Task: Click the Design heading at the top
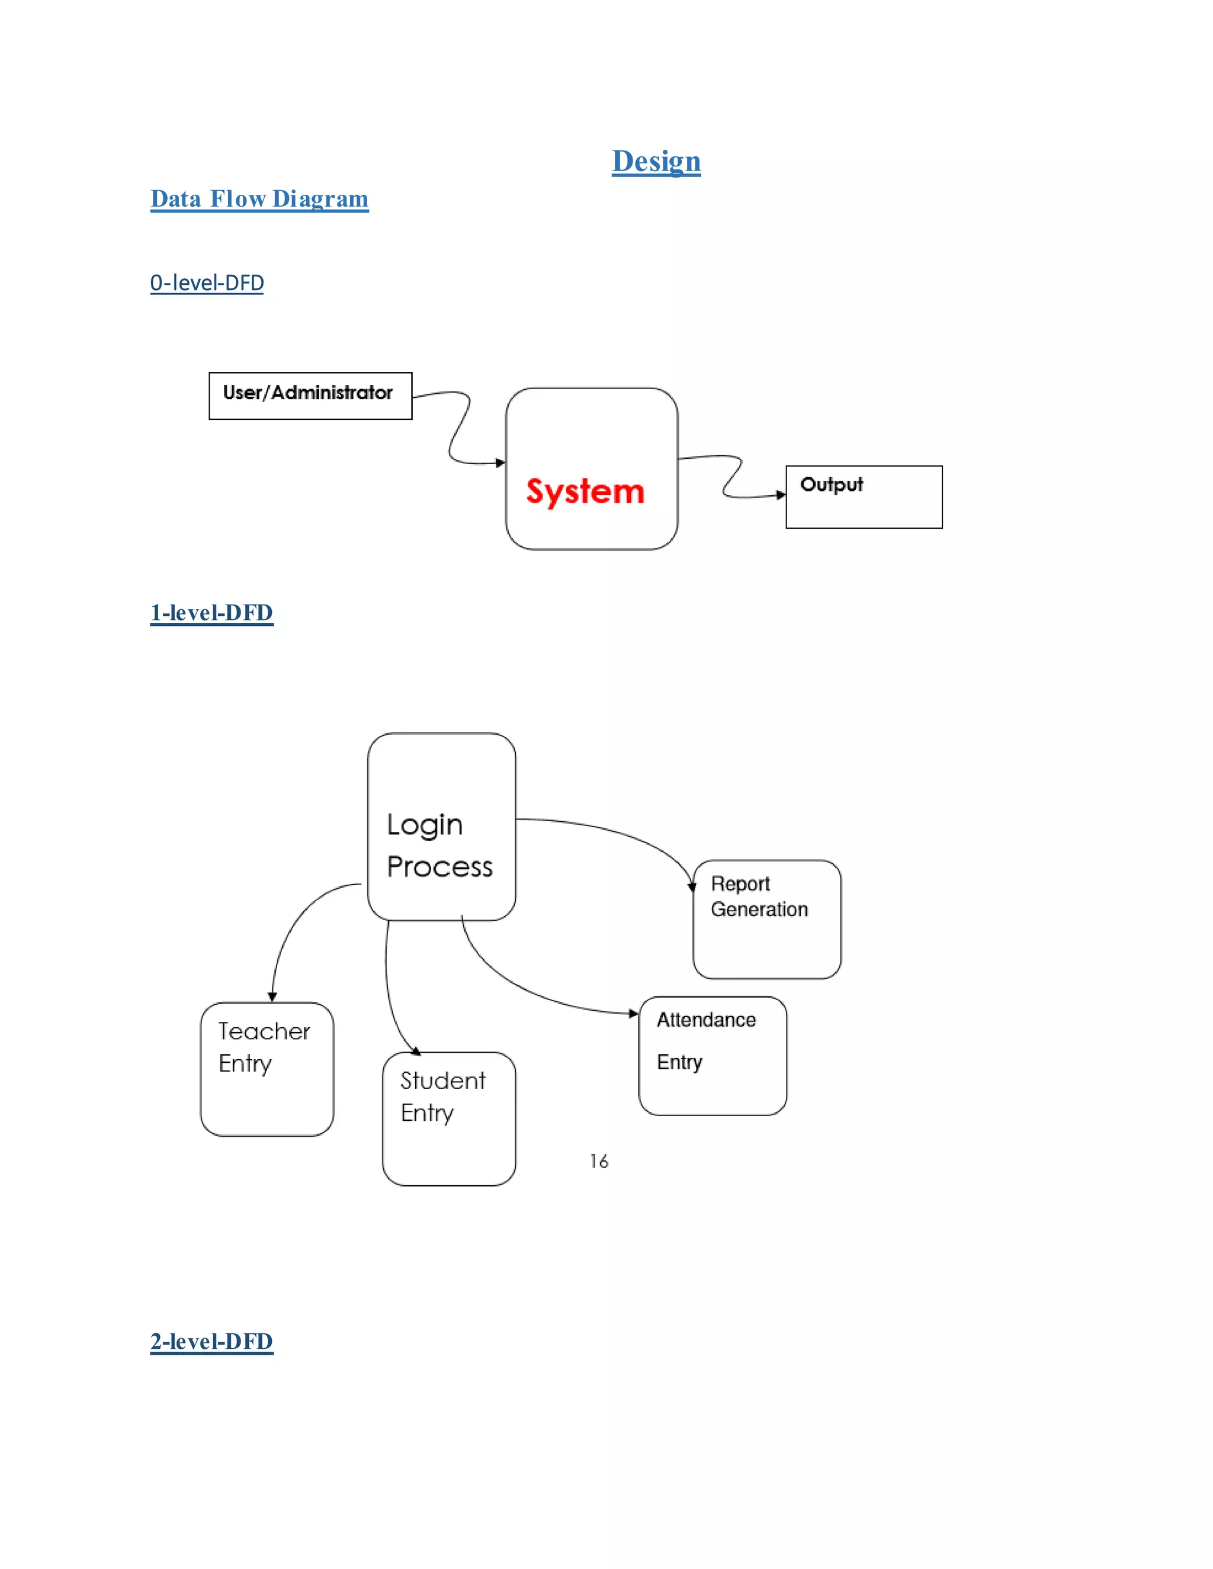(x=656, y=161)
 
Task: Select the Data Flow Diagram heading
(x=259, y=198)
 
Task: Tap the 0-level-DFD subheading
(x=207, y=282)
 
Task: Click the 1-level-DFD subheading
(x=211, y=612)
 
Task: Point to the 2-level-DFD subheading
(x=211, y=1341)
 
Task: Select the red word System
(x=585, y=491)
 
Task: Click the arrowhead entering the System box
(x=501, y=462)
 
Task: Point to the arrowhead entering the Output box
(x=781, y=494)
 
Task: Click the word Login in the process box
(x=425, y=825)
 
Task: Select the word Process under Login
(x=439, y=866)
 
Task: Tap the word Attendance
(x=705, y=1020)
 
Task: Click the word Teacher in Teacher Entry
(x=264, y=1031)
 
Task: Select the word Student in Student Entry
(x=442, y=1081)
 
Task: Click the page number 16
(x=599, y=1161)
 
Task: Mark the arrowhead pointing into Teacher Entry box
(x=272, y=996)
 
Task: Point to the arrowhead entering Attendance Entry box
(x=633, y=1014)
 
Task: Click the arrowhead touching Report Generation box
(x=692, y=888)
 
